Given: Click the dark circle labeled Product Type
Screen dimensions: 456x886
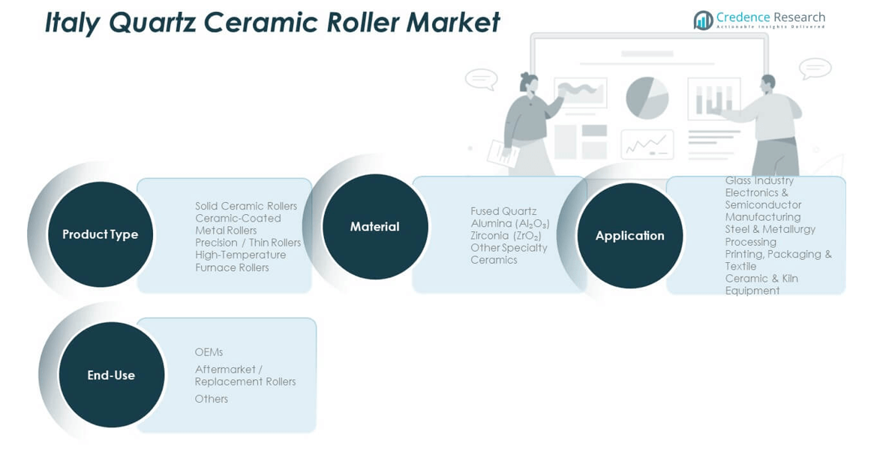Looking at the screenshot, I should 100,234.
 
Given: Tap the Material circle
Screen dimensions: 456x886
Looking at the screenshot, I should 374,227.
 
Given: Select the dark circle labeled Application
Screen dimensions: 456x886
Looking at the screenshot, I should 629,236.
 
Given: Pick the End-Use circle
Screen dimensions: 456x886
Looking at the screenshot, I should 111,375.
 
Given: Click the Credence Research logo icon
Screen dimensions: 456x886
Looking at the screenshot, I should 703,20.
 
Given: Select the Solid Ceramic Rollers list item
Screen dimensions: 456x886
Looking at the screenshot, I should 246,206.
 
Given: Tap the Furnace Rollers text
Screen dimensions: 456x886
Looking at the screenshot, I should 232,267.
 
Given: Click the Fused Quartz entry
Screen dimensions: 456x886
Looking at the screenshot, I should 503,211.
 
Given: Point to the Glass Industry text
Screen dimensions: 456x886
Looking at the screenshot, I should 759,181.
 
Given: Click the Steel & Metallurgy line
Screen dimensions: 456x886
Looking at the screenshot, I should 770,229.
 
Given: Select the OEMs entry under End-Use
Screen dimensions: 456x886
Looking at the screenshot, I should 209,352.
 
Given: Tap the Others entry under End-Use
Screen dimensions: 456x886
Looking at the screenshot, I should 211,399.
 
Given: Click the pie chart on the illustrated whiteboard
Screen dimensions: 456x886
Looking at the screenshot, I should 647,98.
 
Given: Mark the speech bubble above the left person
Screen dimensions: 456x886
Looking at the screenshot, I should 481,78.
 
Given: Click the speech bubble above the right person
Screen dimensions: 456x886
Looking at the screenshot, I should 815,68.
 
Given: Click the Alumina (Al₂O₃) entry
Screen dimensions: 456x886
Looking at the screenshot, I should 510,224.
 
